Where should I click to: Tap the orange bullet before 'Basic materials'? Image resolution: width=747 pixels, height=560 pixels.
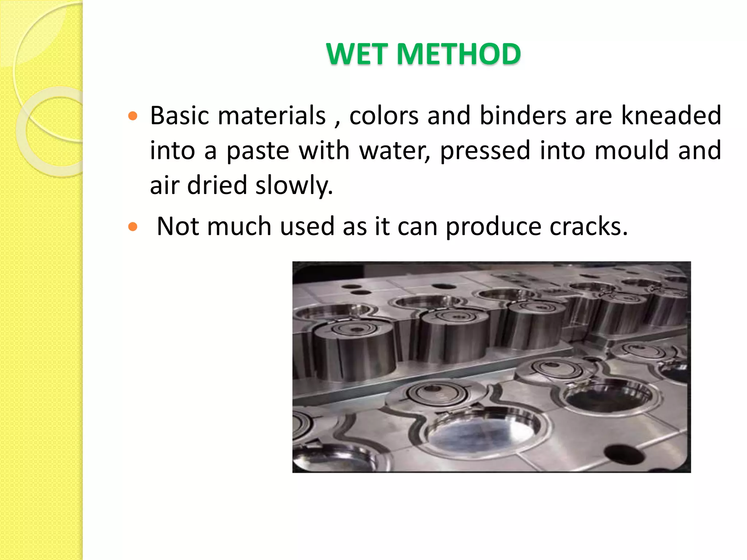[133, 116]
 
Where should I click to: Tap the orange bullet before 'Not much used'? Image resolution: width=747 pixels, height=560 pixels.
[133, 227]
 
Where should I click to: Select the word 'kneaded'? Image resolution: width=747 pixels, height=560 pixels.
[671, 116]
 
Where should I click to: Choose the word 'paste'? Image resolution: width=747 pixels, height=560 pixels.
[258, 151]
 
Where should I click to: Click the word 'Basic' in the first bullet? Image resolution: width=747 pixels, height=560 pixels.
[179, 116]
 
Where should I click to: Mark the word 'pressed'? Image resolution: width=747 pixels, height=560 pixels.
[485, 151]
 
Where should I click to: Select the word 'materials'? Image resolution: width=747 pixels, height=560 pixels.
[272, 116]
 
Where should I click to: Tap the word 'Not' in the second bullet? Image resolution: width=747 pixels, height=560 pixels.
[177, 227]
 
